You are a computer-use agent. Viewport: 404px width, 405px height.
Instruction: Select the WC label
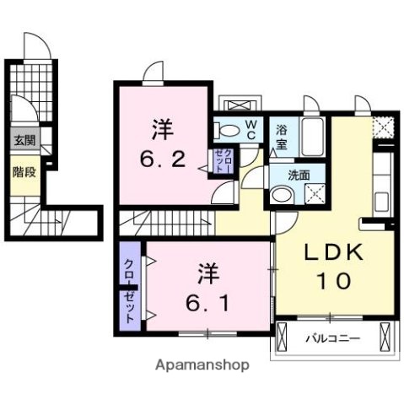point(252,129)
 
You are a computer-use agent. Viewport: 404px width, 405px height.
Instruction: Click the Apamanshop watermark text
point(202,367)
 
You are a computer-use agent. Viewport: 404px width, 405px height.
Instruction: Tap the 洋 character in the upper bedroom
point(163,130)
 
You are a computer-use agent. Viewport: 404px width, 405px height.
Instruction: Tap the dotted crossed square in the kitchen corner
point(384,128)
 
